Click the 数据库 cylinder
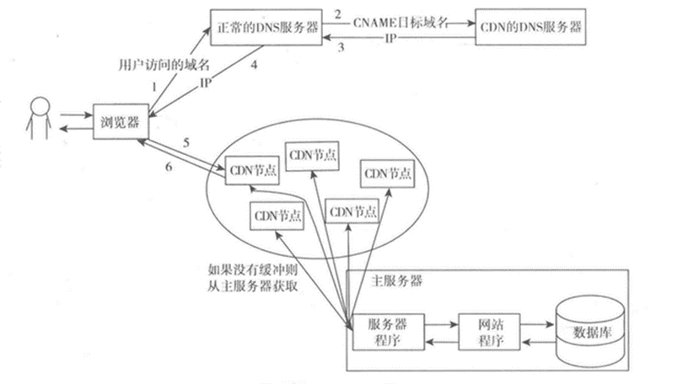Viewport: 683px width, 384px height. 587,330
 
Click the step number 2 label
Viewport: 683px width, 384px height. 336,14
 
